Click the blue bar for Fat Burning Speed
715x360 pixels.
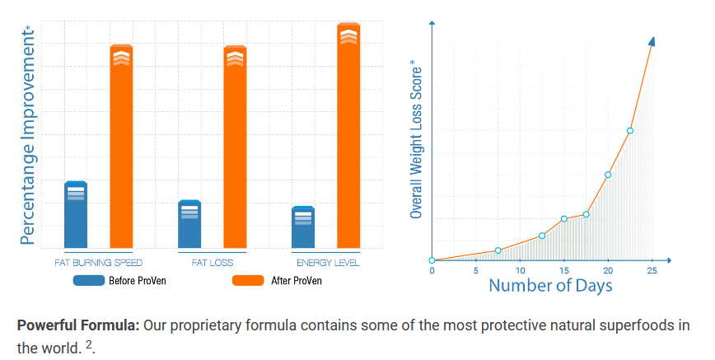coord(76,215)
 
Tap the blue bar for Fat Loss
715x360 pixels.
coord(189,224)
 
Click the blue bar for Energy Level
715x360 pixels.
coord(303,227)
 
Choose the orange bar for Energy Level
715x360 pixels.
coord(348,136)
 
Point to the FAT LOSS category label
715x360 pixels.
coord(213,263)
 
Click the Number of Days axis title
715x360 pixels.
coord(550,286)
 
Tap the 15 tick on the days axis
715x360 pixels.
coord(564,270)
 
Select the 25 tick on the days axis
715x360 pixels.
coord(652,270)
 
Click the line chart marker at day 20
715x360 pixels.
coord(608,175)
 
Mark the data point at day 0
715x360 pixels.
coord(432,260)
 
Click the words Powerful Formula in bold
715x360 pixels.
coord(77,325)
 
